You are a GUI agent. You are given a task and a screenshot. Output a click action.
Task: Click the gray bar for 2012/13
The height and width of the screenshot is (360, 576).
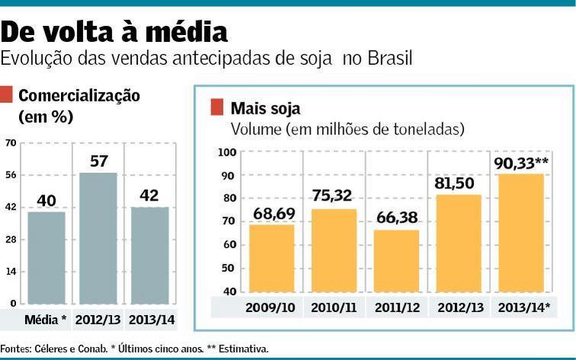(x=98, y=238)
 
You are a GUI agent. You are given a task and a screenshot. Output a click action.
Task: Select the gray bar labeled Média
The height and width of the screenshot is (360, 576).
(x=46, y=257)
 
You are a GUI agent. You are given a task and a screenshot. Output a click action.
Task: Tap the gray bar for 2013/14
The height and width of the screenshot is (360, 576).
(x=149, y=255)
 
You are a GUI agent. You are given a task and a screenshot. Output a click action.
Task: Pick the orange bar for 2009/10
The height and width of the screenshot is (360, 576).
(x=272, y=259)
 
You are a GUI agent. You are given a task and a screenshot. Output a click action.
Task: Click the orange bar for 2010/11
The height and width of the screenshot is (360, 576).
(x=334, y=251)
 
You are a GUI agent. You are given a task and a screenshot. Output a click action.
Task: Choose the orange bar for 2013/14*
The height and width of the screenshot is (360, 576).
(x=521, y=233)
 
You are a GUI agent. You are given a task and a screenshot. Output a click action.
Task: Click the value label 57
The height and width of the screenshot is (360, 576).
(x=98, y=161)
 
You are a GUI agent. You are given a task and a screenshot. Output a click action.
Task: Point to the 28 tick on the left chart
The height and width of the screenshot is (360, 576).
(x=11, y=239)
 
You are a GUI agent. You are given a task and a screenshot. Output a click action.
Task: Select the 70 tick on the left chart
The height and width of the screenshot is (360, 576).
(x=11, y=143)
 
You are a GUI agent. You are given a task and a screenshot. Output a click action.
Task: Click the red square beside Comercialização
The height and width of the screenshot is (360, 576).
(x=6, y=95)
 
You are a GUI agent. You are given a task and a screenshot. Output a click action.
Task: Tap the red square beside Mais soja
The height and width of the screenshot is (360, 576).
(x=217, y=107)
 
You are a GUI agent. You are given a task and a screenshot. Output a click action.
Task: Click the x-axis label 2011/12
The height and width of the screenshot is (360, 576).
(x=397, y=308)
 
